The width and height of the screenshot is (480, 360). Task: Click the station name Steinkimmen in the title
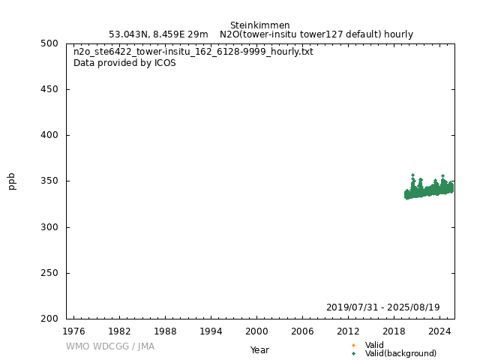point(259,25)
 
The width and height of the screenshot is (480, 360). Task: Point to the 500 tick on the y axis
point(52,43)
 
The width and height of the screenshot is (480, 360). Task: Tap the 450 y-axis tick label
point(52,89)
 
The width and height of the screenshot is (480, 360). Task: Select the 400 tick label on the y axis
point(52,135)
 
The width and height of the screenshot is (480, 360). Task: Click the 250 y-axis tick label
point(52,273)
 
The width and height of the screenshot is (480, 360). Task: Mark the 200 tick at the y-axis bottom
point(52,319)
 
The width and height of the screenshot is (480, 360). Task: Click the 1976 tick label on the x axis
point(73,331)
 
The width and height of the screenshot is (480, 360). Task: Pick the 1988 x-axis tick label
point(165,331)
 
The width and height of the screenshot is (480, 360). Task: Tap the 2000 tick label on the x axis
point(256,331)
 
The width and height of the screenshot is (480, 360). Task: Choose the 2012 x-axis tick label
point(348,331)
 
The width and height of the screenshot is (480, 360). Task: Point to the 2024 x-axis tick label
point(439,331)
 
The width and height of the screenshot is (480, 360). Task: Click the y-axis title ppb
point(12,181)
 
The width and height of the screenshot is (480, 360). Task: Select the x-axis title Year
point(259,350)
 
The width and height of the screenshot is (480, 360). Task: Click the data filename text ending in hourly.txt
point(193,52)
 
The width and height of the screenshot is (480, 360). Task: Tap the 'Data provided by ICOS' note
point(124,63)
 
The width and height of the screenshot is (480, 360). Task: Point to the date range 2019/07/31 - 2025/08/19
point(382,307)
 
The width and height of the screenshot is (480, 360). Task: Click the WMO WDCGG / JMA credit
point(110,346)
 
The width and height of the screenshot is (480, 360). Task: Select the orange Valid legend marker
point(353,345)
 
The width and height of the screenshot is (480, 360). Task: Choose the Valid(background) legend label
point(400,353)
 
